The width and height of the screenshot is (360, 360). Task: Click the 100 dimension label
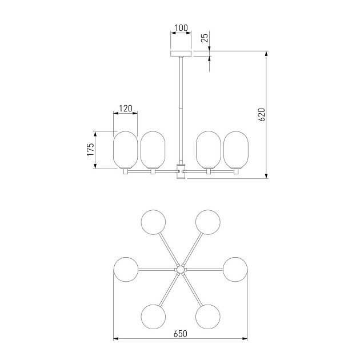[181, 28]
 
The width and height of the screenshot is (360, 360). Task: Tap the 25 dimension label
[205, 38]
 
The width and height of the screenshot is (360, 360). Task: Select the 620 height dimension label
[262, 114]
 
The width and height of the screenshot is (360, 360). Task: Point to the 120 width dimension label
[126, 109]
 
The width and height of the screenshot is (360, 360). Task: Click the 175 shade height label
[91, 150]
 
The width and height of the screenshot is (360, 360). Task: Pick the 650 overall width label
[181, 334]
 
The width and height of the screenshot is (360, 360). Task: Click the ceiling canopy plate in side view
[181, 54]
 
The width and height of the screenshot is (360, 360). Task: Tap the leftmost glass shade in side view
[125, 150]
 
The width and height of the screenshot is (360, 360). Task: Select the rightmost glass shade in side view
[236, 150]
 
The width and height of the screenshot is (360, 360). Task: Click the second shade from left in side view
[153, 150]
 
